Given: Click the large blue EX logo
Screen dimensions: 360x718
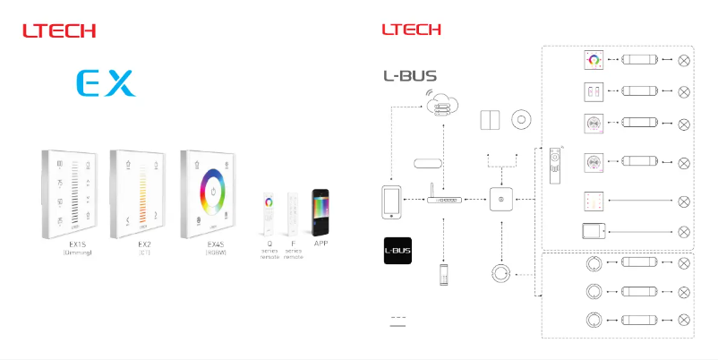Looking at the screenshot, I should [106, 83].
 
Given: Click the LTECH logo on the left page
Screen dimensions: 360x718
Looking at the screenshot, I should [59, 30].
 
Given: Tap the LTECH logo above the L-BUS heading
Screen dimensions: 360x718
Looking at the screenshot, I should [411, 30].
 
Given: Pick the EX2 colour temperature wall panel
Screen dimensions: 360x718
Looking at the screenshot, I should [138, 192].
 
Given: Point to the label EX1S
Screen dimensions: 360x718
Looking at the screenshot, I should [78, 243].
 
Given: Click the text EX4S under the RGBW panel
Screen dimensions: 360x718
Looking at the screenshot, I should [216, 243].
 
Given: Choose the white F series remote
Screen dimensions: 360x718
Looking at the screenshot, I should [293, 212].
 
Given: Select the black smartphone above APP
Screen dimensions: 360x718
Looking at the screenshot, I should [321, 212].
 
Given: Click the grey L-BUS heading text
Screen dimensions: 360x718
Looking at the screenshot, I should [410, 76].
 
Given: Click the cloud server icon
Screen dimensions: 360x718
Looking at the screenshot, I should [441, 104].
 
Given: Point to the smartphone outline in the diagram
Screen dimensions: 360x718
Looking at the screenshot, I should [390, 201].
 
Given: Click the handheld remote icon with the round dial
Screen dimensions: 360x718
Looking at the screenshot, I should [554, 164].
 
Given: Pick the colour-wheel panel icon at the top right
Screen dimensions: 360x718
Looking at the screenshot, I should [591, 60].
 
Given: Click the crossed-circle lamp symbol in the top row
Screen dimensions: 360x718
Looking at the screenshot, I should [685, 60].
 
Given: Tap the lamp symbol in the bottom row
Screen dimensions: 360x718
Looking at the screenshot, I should [685, 320].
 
